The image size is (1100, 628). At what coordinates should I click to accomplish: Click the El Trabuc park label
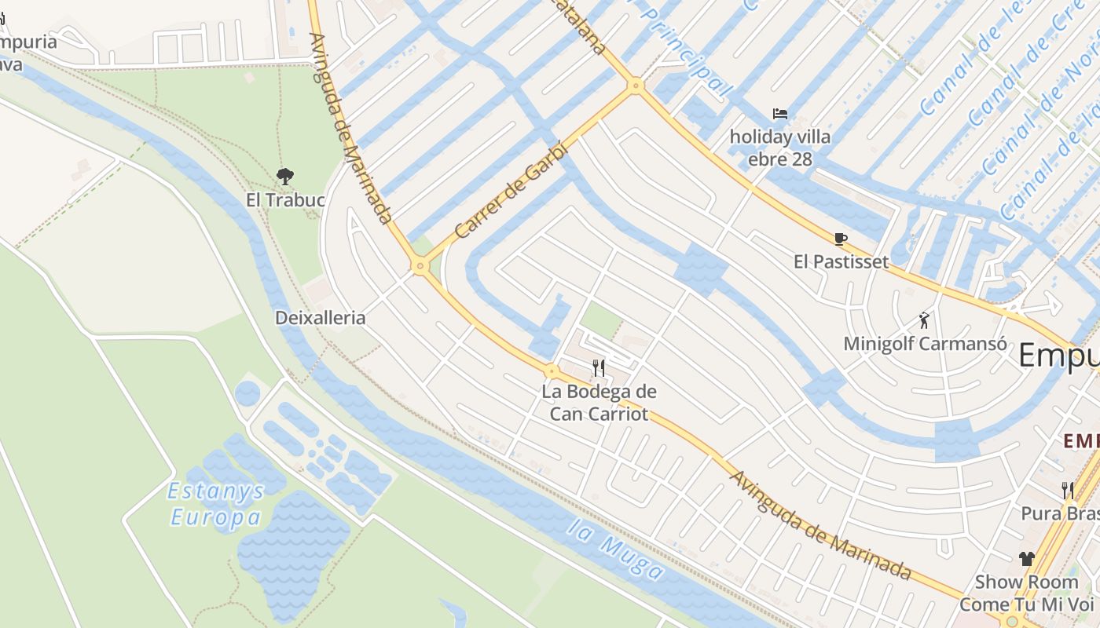[x=285, y=200]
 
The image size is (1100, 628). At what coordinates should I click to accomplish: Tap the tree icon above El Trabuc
[x=285, y=177]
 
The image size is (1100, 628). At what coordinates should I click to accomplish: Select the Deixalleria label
[x=321, y=318]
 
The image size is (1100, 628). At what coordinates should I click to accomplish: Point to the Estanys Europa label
[x=216, y=504]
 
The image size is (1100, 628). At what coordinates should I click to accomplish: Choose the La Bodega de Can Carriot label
[x=599, y=403]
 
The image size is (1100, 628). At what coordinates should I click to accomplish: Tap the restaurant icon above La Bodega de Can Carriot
[x=599, y=367]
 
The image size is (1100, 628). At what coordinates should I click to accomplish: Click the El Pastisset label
[x=841, y=262]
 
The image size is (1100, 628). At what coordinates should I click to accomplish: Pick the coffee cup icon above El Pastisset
[x=841, y=239]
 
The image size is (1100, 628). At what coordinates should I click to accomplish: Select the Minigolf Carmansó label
[x=925, y=344]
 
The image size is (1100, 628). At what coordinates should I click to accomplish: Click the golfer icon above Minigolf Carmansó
[x=924, y=320]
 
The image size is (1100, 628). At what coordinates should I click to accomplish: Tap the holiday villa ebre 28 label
[x=779, y=148]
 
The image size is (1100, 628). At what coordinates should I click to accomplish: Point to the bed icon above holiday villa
[x=779, y=114]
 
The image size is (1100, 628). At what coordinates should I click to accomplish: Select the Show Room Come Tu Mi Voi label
[x=1026, y=593]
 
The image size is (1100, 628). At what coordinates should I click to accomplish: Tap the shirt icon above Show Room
[x=1026, y=559]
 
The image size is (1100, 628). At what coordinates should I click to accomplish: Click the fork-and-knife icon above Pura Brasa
[x=1067, y=491]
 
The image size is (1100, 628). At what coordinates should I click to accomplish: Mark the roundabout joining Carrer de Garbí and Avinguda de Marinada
[x=420, y=267]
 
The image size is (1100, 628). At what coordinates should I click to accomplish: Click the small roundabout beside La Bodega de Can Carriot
[x=552, y=371]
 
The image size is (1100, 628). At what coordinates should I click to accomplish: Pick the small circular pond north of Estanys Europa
[x=247, y=392]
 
